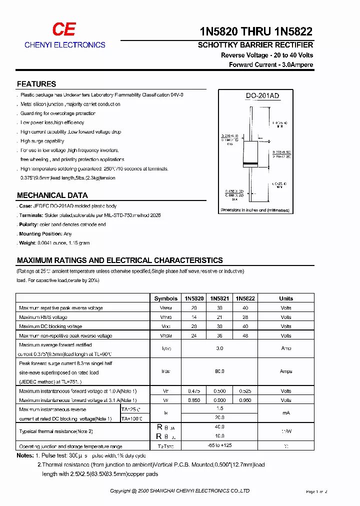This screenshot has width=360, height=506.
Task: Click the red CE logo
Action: click(64, 29)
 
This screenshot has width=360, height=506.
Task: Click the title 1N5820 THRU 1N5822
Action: click(256, 31)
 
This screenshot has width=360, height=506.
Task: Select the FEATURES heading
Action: click(36, 84)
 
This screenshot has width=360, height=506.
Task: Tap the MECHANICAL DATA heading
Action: click(52, 195)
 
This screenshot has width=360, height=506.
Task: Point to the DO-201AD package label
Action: click(262, 95)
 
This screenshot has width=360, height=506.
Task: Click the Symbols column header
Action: click(165, 298)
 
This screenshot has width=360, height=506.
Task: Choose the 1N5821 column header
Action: click(219, 298)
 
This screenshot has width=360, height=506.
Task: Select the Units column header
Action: click(286, 298)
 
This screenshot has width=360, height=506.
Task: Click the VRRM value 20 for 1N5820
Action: click(194, 308)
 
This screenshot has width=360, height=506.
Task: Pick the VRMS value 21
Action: click(219, 317)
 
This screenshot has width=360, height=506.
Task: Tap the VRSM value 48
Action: click(245, 335)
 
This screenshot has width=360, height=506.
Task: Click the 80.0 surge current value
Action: click(219, 371)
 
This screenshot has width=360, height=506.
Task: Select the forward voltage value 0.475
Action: click(194, 391)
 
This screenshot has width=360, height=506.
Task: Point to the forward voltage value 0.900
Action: click(219, 400)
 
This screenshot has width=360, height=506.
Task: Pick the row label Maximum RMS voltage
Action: click(43, 317)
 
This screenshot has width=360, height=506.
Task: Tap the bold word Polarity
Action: click(29, 224)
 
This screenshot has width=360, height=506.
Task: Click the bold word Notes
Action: click(25, 455)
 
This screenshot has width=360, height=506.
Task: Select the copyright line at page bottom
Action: click(179, 491)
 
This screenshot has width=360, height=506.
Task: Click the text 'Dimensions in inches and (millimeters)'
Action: click(255, 210)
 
